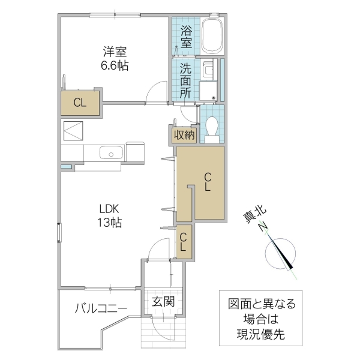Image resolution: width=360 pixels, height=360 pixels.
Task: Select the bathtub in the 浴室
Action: pos(212,35)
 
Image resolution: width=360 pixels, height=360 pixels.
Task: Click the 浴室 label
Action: pos(186,35)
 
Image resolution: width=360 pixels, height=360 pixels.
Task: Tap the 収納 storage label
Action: pos(185,135)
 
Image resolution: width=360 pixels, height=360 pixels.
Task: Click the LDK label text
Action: pos(110,209)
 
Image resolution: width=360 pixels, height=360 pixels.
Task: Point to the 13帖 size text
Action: pos(110,223)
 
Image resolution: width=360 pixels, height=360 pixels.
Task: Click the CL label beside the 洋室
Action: pos(80,103)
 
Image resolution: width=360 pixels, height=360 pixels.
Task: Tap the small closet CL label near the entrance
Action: pos(184,241)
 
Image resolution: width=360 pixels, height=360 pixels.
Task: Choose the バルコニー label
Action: pos(101,308)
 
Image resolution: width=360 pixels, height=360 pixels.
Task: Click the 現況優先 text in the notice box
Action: pos(257,334)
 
